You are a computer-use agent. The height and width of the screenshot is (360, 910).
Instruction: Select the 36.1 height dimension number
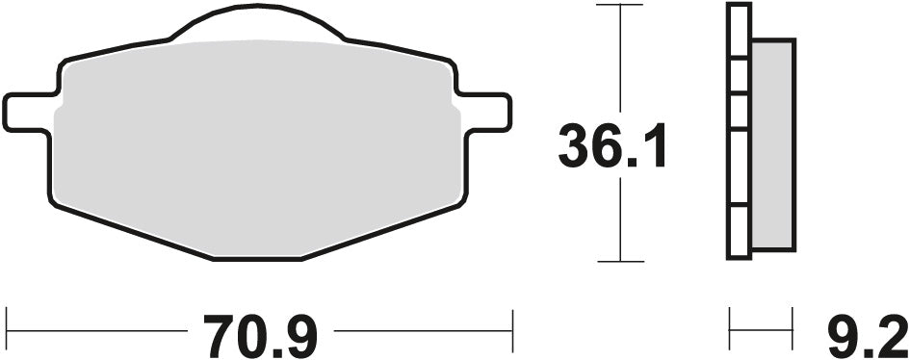[613, 146]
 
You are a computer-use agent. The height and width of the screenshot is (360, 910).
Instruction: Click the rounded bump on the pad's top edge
[258, 21]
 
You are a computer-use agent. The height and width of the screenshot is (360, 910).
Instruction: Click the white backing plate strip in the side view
[739, 144]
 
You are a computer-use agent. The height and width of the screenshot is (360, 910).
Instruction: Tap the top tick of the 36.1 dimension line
[618, 5]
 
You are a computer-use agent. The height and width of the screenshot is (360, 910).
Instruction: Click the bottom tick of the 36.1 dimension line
[618, 261]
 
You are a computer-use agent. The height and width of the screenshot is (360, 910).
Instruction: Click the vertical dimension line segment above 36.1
[618, 58]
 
